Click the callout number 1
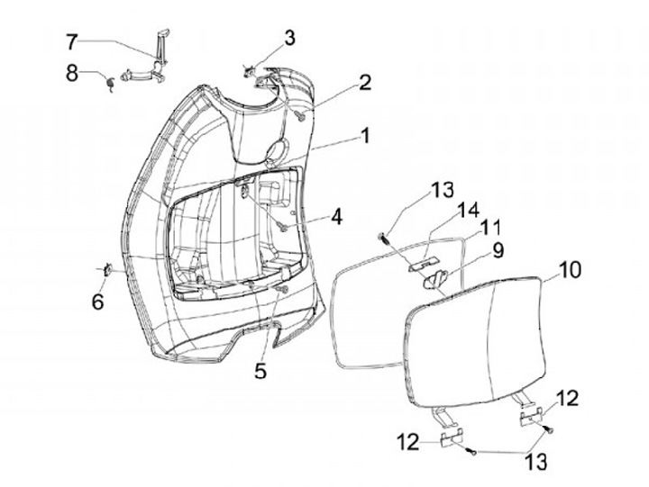coord(365,137)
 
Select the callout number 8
coord(72,72)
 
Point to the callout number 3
coord(289,38)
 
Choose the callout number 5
coord(260,368)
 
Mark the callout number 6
coord(97,302)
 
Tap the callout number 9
coord(498,248)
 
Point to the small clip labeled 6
coord(105,268)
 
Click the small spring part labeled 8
coord(109,83)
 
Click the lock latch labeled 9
coord(436,279)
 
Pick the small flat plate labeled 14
coord(417,265)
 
